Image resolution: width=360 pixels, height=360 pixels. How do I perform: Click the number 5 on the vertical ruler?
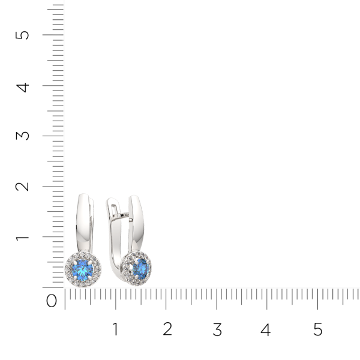point(23,34)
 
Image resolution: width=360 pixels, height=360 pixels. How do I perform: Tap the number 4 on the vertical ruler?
point(23,86)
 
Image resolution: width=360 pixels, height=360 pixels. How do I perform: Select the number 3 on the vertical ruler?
point(23,136)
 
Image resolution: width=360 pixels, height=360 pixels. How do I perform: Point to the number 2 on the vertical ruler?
point(23,186)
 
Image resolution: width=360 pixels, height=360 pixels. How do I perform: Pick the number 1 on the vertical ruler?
point(23,237)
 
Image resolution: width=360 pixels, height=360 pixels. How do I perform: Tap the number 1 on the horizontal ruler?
point(115,329)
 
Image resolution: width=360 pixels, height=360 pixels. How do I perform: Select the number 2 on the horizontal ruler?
point(167,329)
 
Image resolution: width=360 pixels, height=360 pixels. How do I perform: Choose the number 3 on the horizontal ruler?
point(217,329)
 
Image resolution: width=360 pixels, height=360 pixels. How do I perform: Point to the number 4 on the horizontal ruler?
point(266,329)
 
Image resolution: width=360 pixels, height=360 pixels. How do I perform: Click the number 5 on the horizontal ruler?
point(317,329)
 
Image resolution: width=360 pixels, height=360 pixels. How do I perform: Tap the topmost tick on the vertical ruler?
point(57,4)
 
